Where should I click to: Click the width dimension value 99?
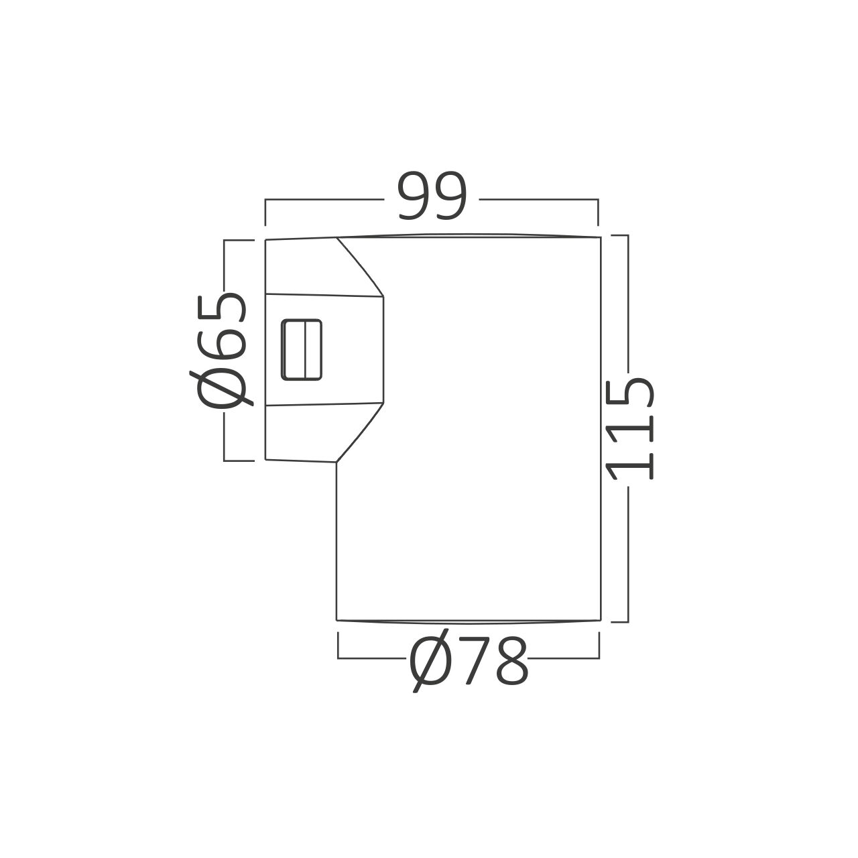432,196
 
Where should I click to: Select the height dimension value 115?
631,428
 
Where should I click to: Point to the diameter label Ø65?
221,351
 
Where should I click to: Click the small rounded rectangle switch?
302,350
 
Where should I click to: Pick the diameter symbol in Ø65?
221,389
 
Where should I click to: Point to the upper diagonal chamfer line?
360,266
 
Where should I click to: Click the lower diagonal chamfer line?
360,432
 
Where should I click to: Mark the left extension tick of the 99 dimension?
265,212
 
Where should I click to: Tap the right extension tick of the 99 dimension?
598,212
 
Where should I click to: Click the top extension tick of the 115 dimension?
619,235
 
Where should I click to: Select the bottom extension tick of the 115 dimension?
619,621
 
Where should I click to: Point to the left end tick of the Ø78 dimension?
338,645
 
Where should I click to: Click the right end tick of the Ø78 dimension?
599,645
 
